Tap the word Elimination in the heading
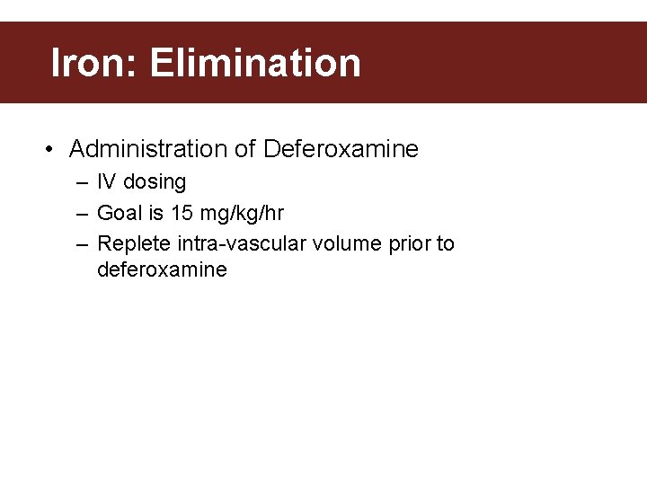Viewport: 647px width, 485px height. (x=255, y=63)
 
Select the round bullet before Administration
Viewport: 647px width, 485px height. (x=50, y=149)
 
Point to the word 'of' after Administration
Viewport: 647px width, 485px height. (x=246, y=149)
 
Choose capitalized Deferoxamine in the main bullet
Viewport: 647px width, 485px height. (x=341, y=149)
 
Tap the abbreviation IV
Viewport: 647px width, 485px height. (x=106, y=182)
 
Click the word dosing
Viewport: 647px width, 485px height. (x=155, y=182)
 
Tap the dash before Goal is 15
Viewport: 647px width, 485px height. (x=82, y=214)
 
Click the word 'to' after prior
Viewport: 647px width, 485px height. (x=445, y=243)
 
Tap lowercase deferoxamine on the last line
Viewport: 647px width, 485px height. (x=162, y=269)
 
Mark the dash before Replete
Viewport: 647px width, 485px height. (x=82, y=244)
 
